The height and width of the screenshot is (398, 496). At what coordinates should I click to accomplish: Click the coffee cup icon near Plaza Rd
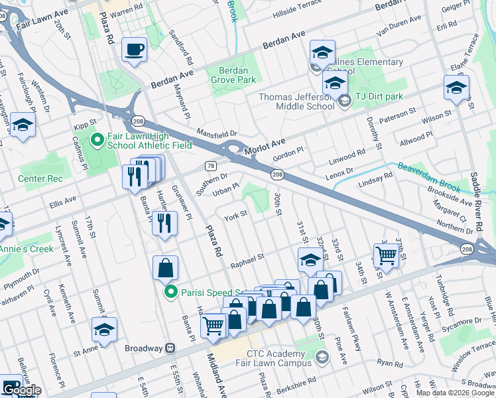135,50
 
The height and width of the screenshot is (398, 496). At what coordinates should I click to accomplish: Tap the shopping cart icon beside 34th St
385,254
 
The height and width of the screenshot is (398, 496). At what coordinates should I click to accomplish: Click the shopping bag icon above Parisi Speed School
165,268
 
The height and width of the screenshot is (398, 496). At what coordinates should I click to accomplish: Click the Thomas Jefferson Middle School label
296,101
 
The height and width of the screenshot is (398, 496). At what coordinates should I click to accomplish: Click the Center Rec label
40,179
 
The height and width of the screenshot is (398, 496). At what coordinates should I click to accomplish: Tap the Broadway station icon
170,348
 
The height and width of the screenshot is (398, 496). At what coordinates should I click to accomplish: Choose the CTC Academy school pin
322,358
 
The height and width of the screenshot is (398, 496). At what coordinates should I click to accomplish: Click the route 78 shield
210,165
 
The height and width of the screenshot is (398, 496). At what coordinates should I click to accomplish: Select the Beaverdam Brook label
428,173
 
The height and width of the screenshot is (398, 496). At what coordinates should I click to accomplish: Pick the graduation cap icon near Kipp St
23,124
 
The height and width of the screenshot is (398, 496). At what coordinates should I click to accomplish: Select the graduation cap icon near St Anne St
104,329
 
